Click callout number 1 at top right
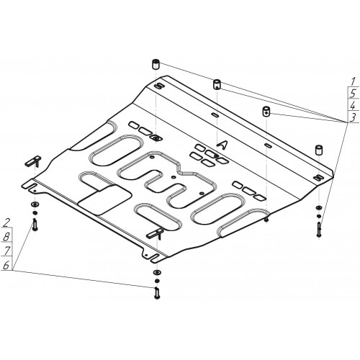click(x=353, y=81)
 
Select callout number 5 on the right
click(x=353, y=93)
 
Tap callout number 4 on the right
click(x=353, y=105)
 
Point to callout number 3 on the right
click(x=353, y=117)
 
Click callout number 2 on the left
click(x=6, y=222)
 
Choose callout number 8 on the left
click(x=6, y=237)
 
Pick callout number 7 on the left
click(x=6, y=251)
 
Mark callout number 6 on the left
click(x=6, y=265)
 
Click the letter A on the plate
click(x=222, y=143)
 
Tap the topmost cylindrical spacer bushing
click(x=156, y=64)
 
